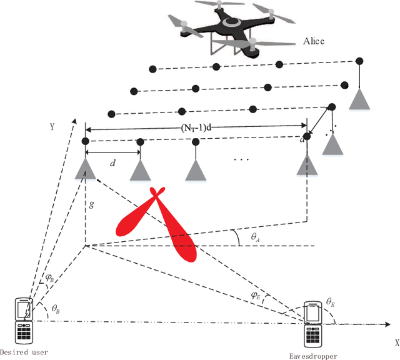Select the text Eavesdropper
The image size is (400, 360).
pyautogui.click(x=312, y=356)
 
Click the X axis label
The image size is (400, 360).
pyautogui.click(x=396, y=343)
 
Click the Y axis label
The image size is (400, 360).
pyautogui.click(x=53, y=127)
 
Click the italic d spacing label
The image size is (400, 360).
pyautogui.click(x=112, y=163)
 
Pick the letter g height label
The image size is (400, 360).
pyautogui.click(x=91, y=203)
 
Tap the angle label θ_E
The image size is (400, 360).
pyautogui.click(x=329, y=302)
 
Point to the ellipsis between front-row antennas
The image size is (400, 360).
pyautogui.click(x=241, y=160)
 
